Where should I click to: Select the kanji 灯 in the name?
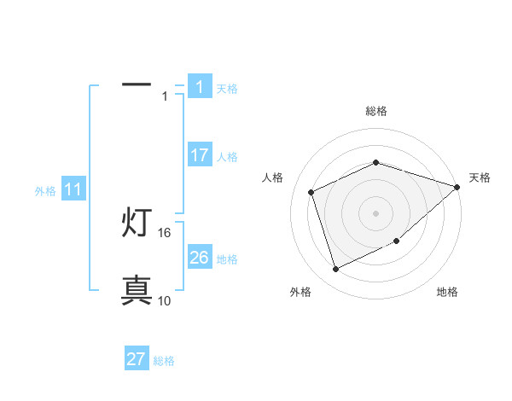pyautogui.click(x=137, y=224)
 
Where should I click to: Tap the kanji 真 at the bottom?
pyautogui.click(x=137, y=290)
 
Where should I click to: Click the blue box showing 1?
pyautogui.click(x=199, y=86)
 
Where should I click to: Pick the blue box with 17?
pyautogui.click(x=199, y=155)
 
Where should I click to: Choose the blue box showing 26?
pyautogui.click(x=199, y=258)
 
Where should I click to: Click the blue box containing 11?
pyautogui.click(x=73, y=190)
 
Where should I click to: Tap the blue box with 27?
pyautogui.click(x=137, y=359)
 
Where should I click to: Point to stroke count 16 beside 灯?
pyautogui.click(x=165, y=232)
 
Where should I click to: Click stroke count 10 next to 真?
pyautogui.click(x=165, y=300)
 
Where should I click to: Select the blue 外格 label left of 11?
pyautogui.click(x=45, y=191)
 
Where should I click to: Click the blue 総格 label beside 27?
pyautogui.click(x=164, y=361)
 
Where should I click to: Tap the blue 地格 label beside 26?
pyautogui.click(x=227, y=259)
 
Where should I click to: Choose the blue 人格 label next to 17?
pyautogui.click(x=227, y=157)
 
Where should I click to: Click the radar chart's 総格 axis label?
pyautogui.click(x=375, y=111)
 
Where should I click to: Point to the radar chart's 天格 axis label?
pyautogui.click(x=480, y=177)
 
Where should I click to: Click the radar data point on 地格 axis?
pyautogui.click(x=396, y=241)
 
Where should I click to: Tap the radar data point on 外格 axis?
pyautogui.click(x=335, y=270)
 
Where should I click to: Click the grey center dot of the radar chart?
pyautogui.click(x=375, y=213)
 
